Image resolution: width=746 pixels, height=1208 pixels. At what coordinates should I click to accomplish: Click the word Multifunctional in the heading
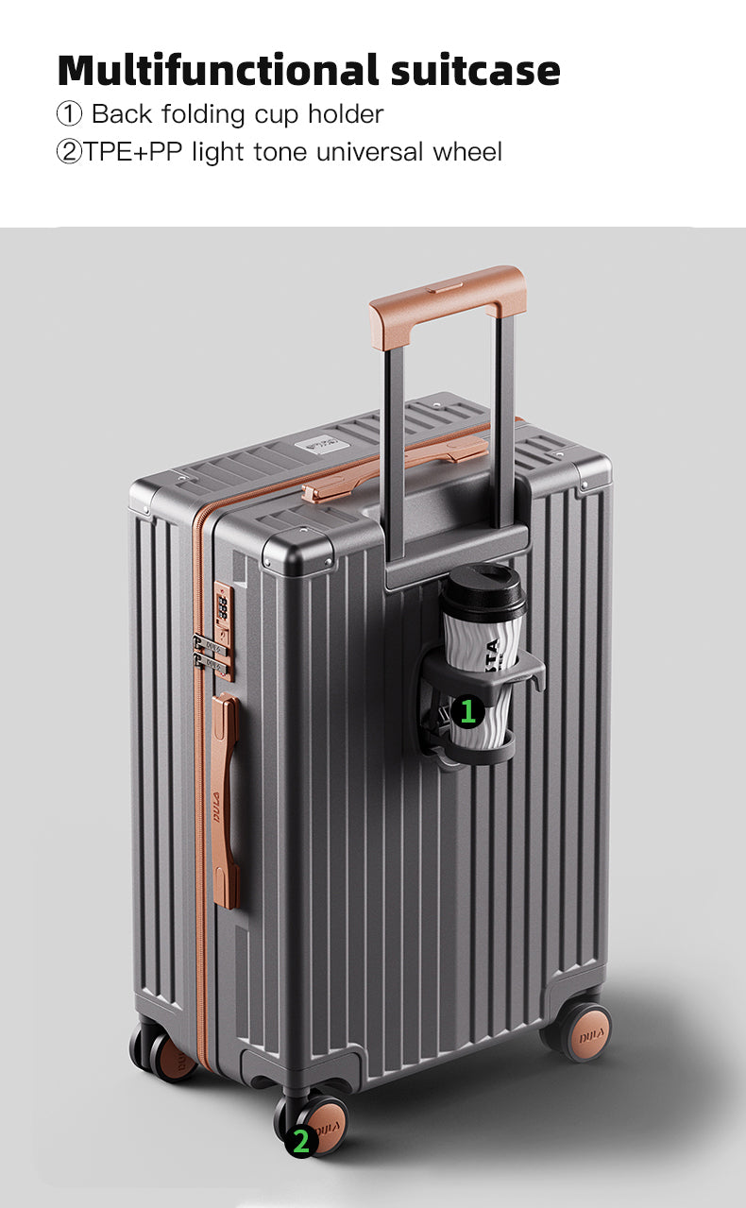click(218, 70)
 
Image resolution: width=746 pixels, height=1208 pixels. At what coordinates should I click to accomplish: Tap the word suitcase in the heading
click(476, 71)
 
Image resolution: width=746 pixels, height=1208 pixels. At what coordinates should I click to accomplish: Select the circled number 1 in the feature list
click(70, 114)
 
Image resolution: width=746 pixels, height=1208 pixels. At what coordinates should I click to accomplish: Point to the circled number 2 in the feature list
click(70, 152)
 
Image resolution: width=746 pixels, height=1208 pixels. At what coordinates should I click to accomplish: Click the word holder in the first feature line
click(346, 113)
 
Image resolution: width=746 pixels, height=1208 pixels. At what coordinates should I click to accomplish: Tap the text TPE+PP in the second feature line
click(133, 151)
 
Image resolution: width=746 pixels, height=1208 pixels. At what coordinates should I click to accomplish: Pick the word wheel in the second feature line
click(467, 151)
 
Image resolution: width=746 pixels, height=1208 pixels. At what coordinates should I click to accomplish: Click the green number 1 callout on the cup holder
click(467, 711)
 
